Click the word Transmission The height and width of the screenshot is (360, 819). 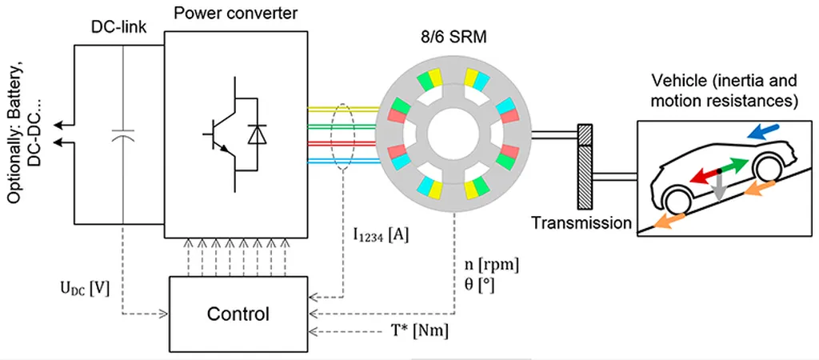(581, 223)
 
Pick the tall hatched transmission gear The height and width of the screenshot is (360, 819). (584, 165)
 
